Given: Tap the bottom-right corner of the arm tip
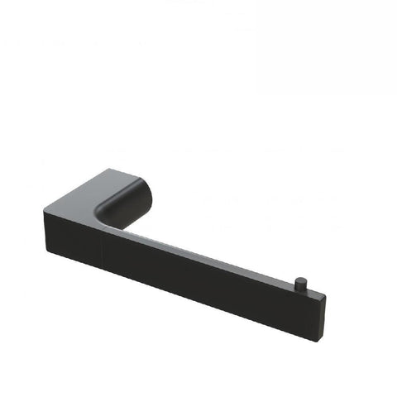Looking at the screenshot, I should (x=323, y=317).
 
